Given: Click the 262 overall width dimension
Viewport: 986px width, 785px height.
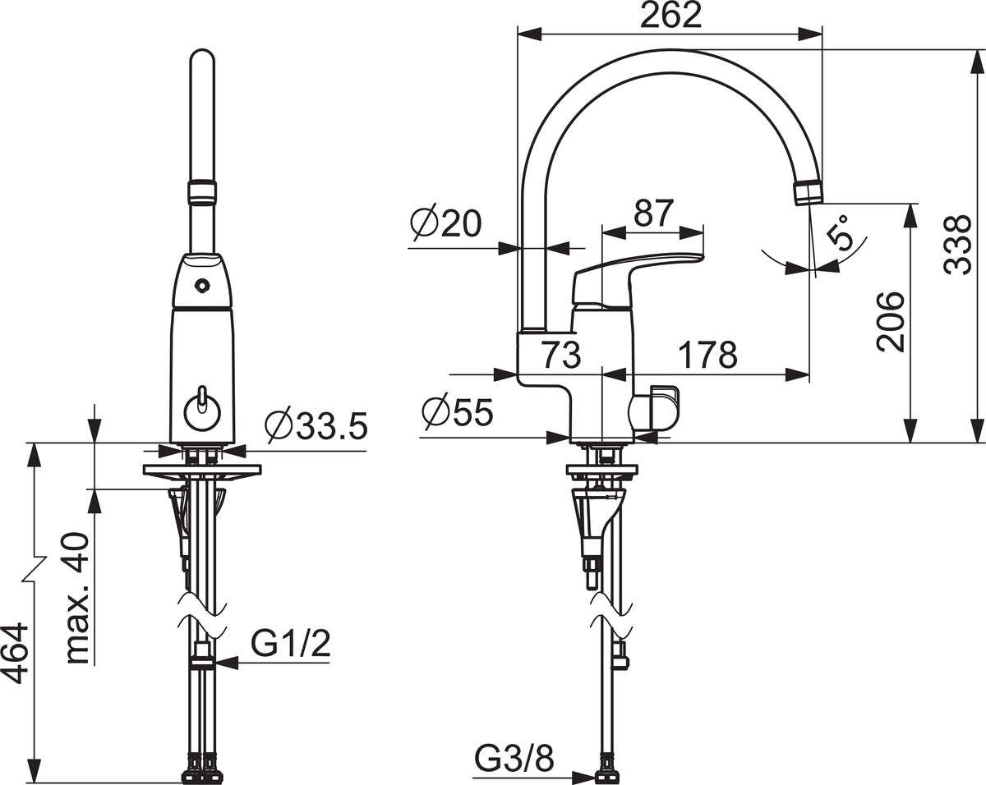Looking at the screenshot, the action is point(670,16).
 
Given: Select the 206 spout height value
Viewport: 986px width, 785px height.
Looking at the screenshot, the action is point(891,322).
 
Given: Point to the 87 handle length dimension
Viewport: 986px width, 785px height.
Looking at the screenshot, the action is point(653,213).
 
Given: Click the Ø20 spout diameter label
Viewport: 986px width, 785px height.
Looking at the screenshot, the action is point(446,223).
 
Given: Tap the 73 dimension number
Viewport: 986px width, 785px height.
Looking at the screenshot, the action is point(561,355).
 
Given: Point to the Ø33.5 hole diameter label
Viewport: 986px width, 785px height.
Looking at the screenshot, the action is point(316,426).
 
